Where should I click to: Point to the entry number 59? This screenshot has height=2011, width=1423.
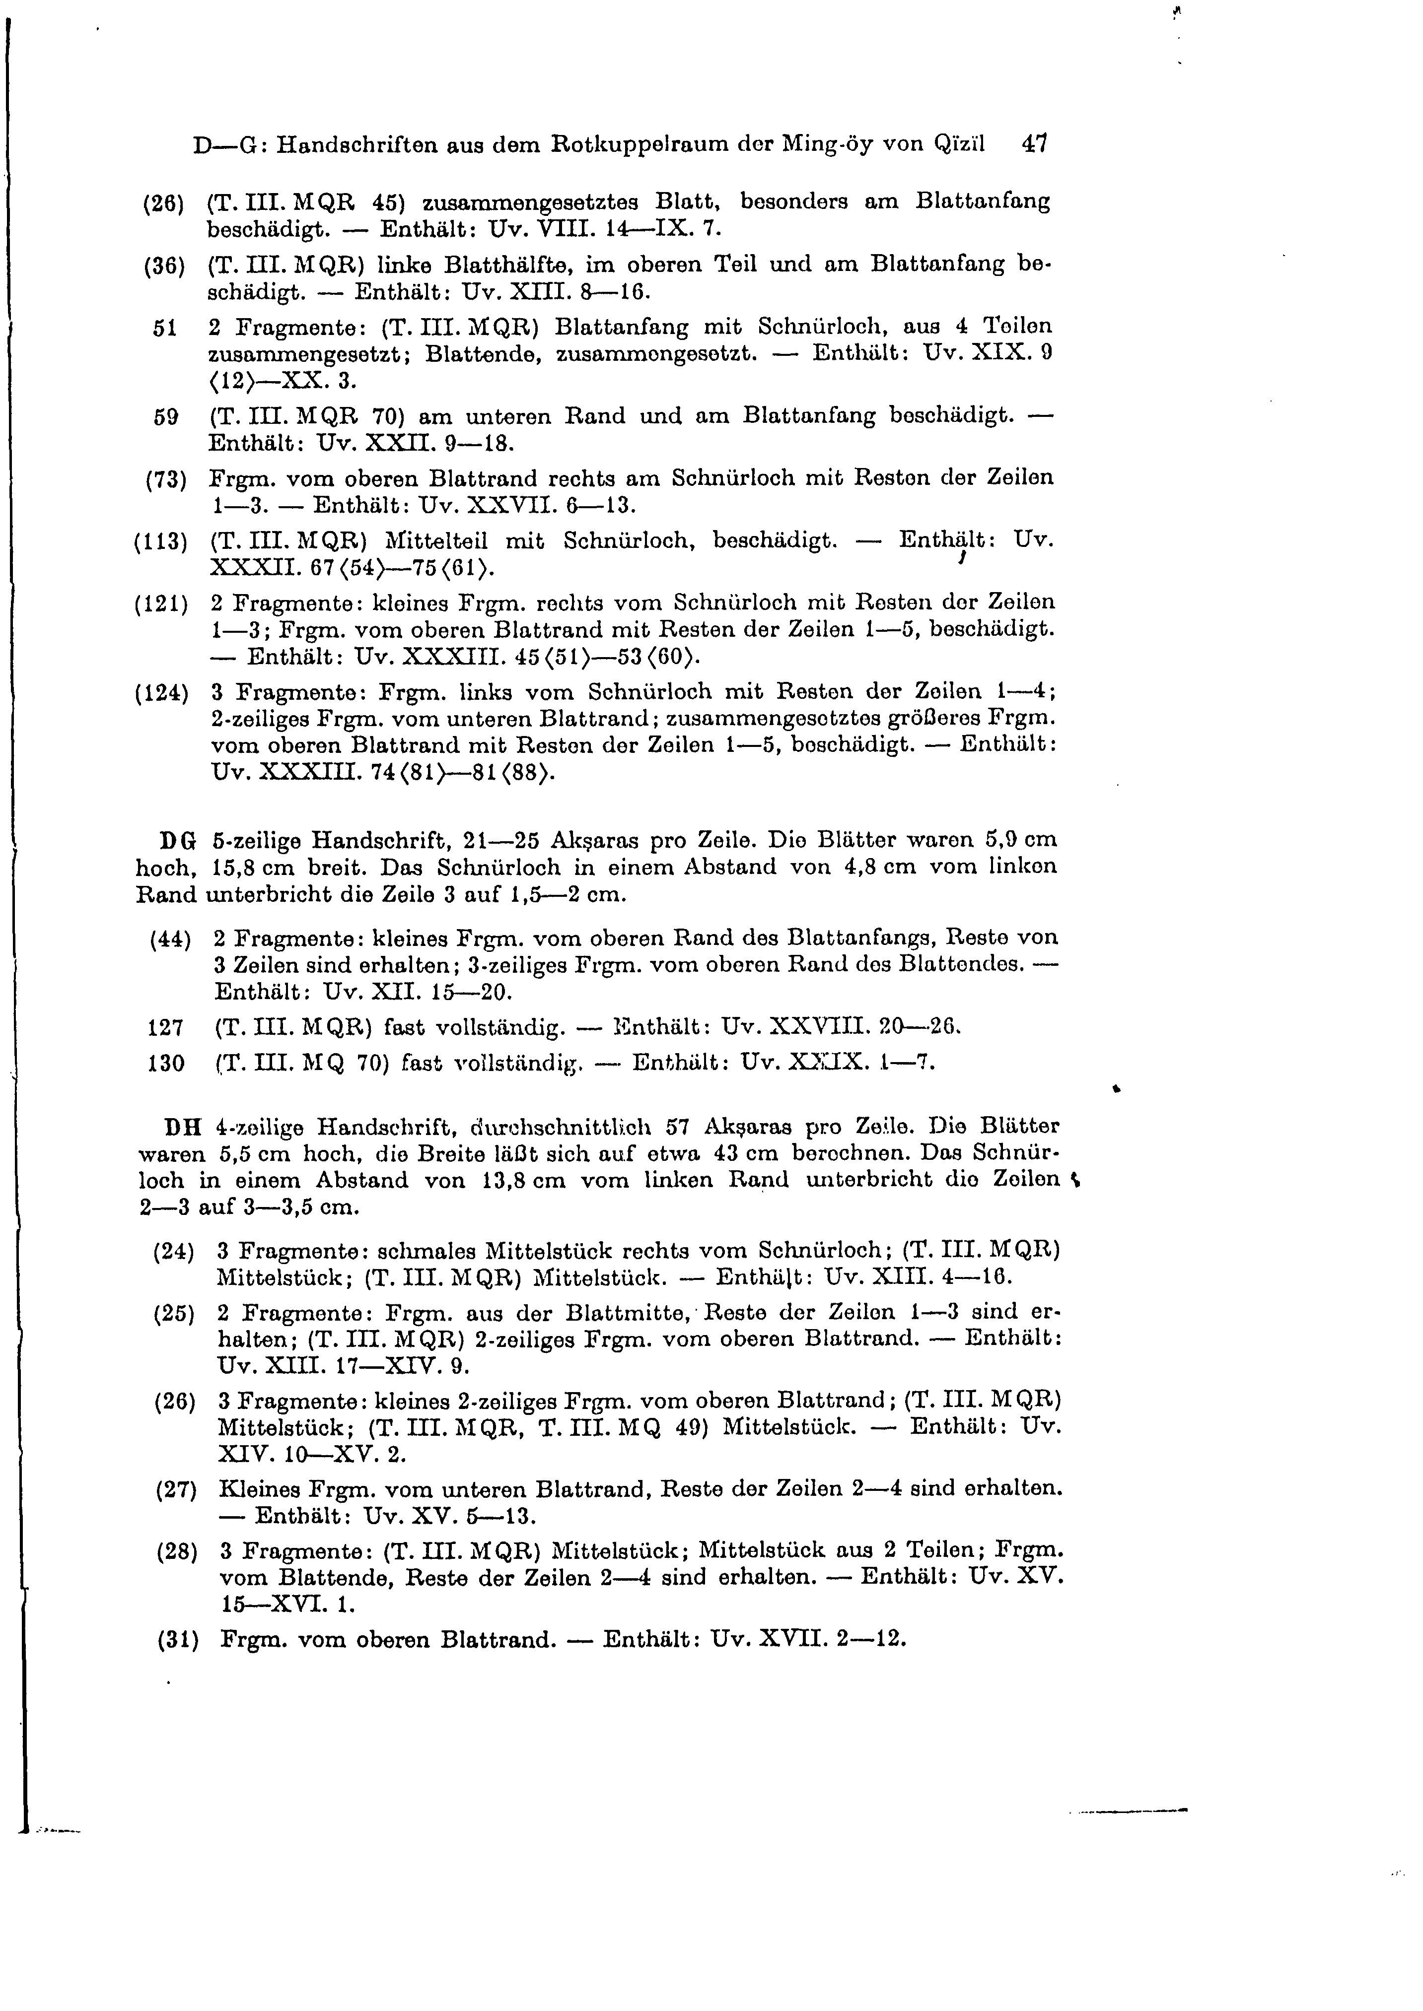tap(166, 418)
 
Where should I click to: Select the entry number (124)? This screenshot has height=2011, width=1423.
tap(161, 693)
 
